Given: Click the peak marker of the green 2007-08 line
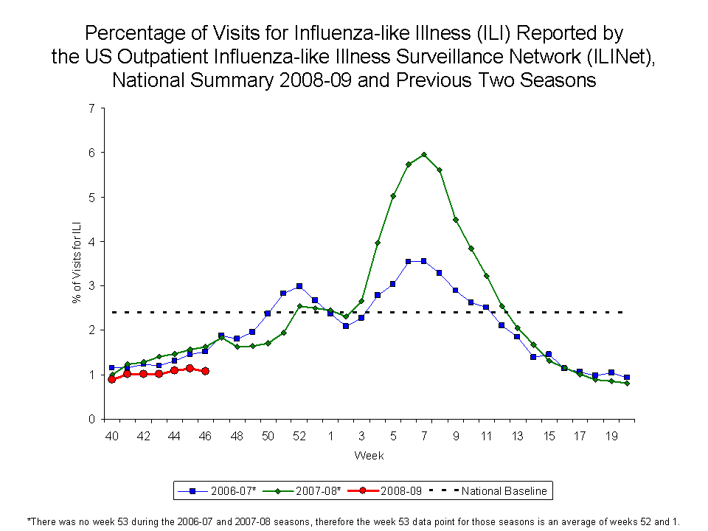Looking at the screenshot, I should pyautogui.click(x=424, y=154).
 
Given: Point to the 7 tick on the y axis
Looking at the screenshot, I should pyautogui.click(x=91, y=108).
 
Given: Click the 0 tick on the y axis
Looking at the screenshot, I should pyautogui.click(x=91, y=419).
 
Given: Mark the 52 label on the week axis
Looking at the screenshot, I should pyautogui.click(x=299, y=436).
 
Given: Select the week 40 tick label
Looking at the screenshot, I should pyautogui.click(x=111, y=436).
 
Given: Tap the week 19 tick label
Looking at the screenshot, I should pyautogui.click(x=611, y=436).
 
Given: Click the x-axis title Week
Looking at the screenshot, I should pyautogui.click(x=369, y=456).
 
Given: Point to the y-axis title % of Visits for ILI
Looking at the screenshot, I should pyautogui.click(x=76, y=263).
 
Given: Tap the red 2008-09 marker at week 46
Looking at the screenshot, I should pyautogui.click(x=205, y=371).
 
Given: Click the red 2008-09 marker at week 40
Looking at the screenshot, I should pyautogui.click(x=111, y=379).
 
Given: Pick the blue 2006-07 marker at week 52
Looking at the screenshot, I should pyautogui.click(x=299, y=286).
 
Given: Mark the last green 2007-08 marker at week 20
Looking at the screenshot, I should pyautogui.click(x=627, y=383).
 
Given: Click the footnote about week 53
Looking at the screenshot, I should pyautogui.click(x=353, y=520).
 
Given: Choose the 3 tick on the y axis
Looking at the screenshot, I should pyautogui.click(x=91, y=285).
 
